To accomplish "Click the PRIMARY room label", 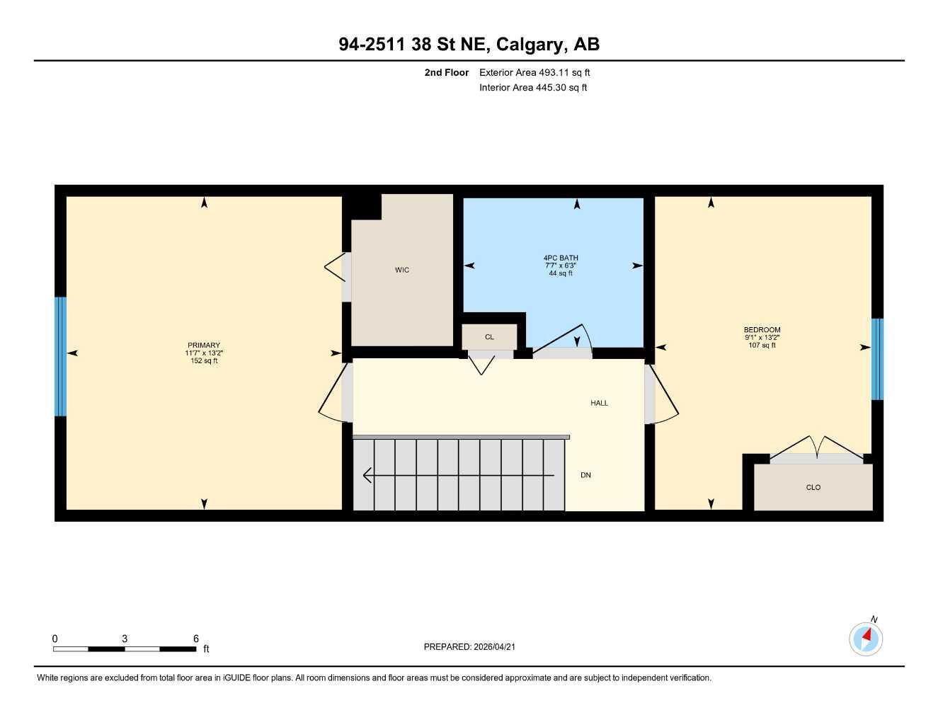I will click(204, 346).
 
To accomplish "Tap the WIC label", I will click(402, 270).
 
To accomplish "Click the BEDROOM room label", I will click(762, 330).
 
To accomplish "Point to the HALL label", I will click(600, 403).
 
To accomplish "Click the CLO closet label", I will click(813, 487).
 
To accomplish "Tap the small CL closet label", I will click(489, 337).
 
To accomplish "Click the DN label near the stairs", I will click(585, 475).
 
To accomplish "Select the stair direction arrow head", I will click(367, 475).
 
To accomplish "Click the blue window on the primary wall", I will click(61, 356).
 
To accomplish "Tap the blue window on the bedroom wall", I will click(877, 359).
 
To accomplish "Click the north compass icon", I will click(866, 639).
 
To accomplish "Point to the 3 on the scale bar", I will click(125, 639).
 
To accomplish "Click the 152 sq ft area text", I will click(204, 361).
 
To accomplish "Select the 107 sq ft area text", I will click(762, 346).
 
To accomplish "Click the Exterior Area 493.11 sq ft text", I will click(534, 72).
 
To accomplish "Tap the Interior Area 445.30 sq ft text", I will click(533, 88).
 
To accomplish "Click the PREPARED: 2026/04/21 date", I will click(474, 646).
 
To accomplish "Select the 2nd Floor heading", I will click(447, 72).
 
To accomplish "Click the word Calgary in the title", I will click(531, 44).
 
